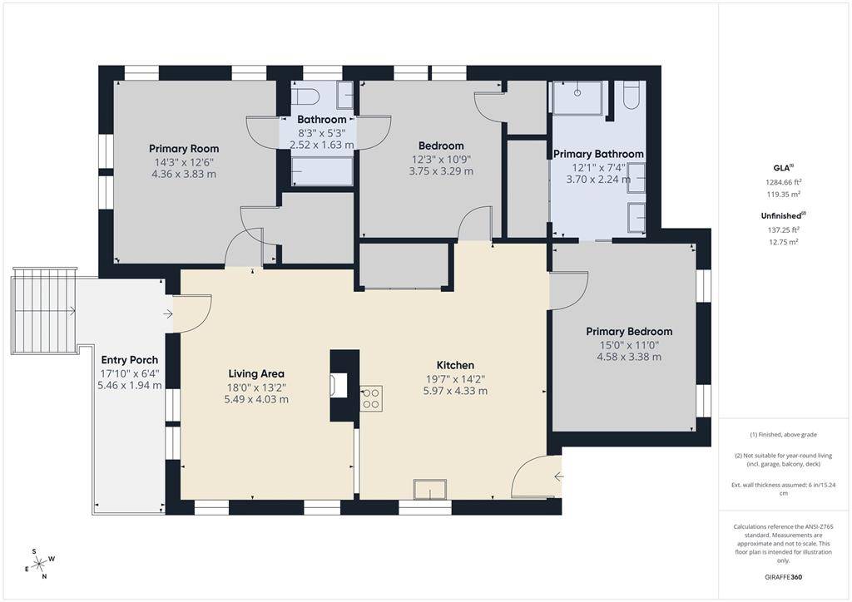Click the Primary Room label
(x=184, y=149)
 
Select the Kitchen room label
(x=455, y=365)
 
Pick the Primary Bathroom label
(x=598, y=154)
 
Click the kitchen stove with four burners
(x=371, y=398)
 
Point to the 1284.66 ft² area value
(x=784, y=181)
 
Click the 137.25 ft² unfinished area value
(x=783, y=229)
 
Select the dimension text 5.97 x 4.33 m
(x=455, y=391)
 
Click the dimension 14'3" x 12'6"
(x=184, y=162)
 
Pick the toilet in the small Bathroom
(x=305, y=94)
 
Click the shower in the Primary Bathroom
(x=579, y=97)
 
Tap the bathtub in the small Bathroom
(x=321, y=171)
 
